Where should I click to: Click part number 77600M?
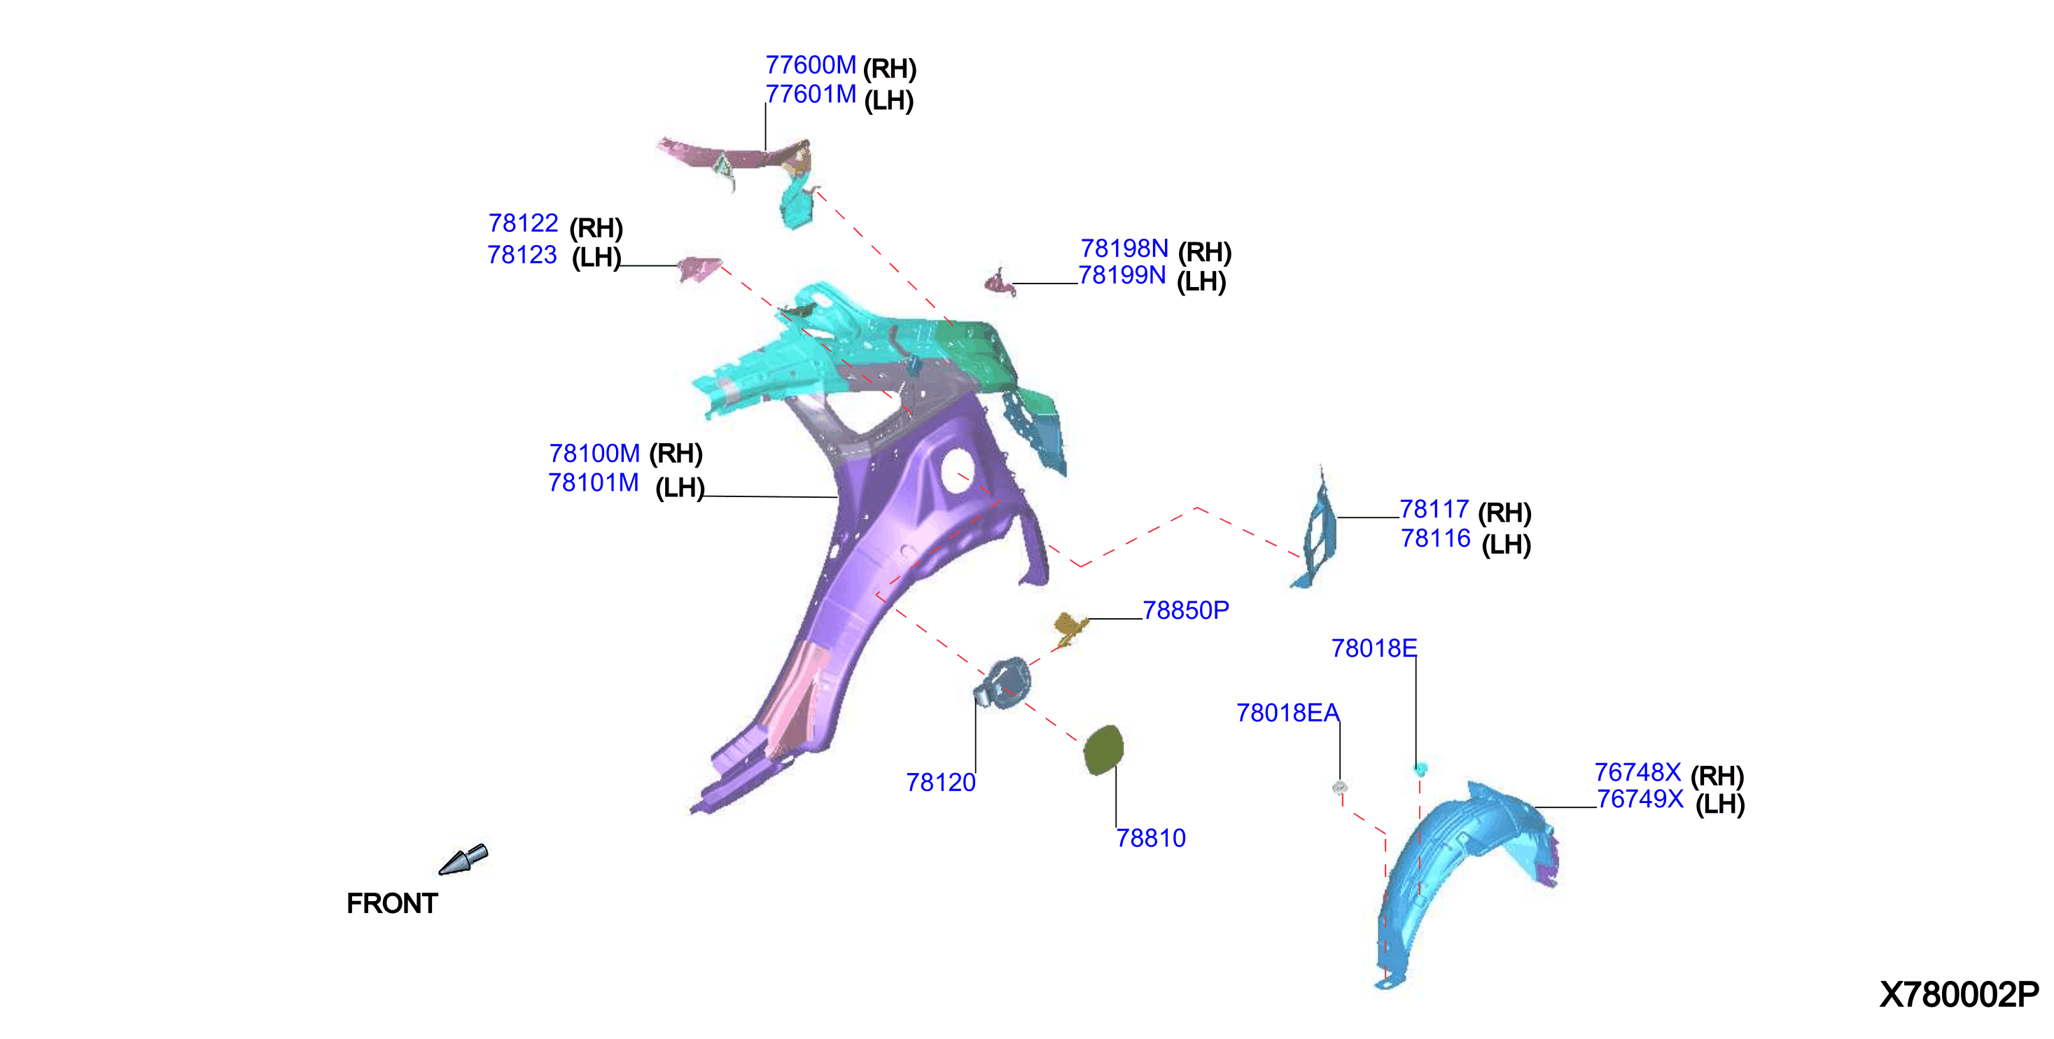click(x=810, y=64)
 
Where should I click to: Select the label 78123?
click(x=522, y=254)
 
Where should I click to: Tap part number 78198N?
click(x=1124, y=248)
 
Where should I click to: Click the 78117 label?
click(x=1434, y=509)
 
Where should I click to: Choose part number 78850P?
click(x=1186, y=610)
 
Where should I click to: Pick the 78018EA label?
click(x=1287, y=712)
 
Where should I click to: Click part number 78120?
click(x=941, y=782)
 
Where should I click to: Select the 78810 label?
click(x=1151, y=838)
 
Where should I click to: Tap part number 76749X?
click(x=1640, y=798)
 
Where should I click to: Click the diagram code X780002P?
click(x=1959, y=994)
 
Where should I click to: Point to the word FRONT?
click(x=392, y=903)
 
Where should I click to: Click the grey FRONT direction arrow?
click(x=464, y=860)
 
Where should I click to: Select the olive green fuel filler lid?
click(x=1103, y=750)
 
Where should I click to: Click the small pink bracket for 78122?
click(x=699, y=269)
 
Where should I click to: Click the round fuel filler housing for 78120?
click(x=1003, y=683)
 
